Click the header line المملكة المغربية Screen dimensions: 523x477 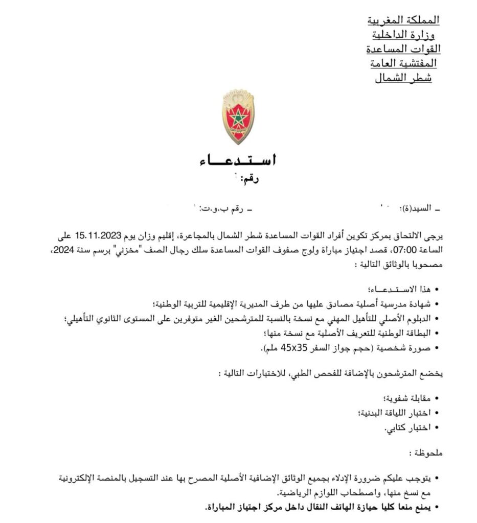(x=404, y=20)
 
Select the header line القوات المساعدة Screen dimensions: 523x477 (x=404, y=50)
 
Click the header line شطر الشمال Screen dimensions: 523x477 (x=404, y=78)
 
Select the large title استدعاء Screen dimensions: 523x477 (x=238, y=161)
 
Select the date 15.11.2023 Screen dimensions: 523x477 (x=99, y=236)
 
